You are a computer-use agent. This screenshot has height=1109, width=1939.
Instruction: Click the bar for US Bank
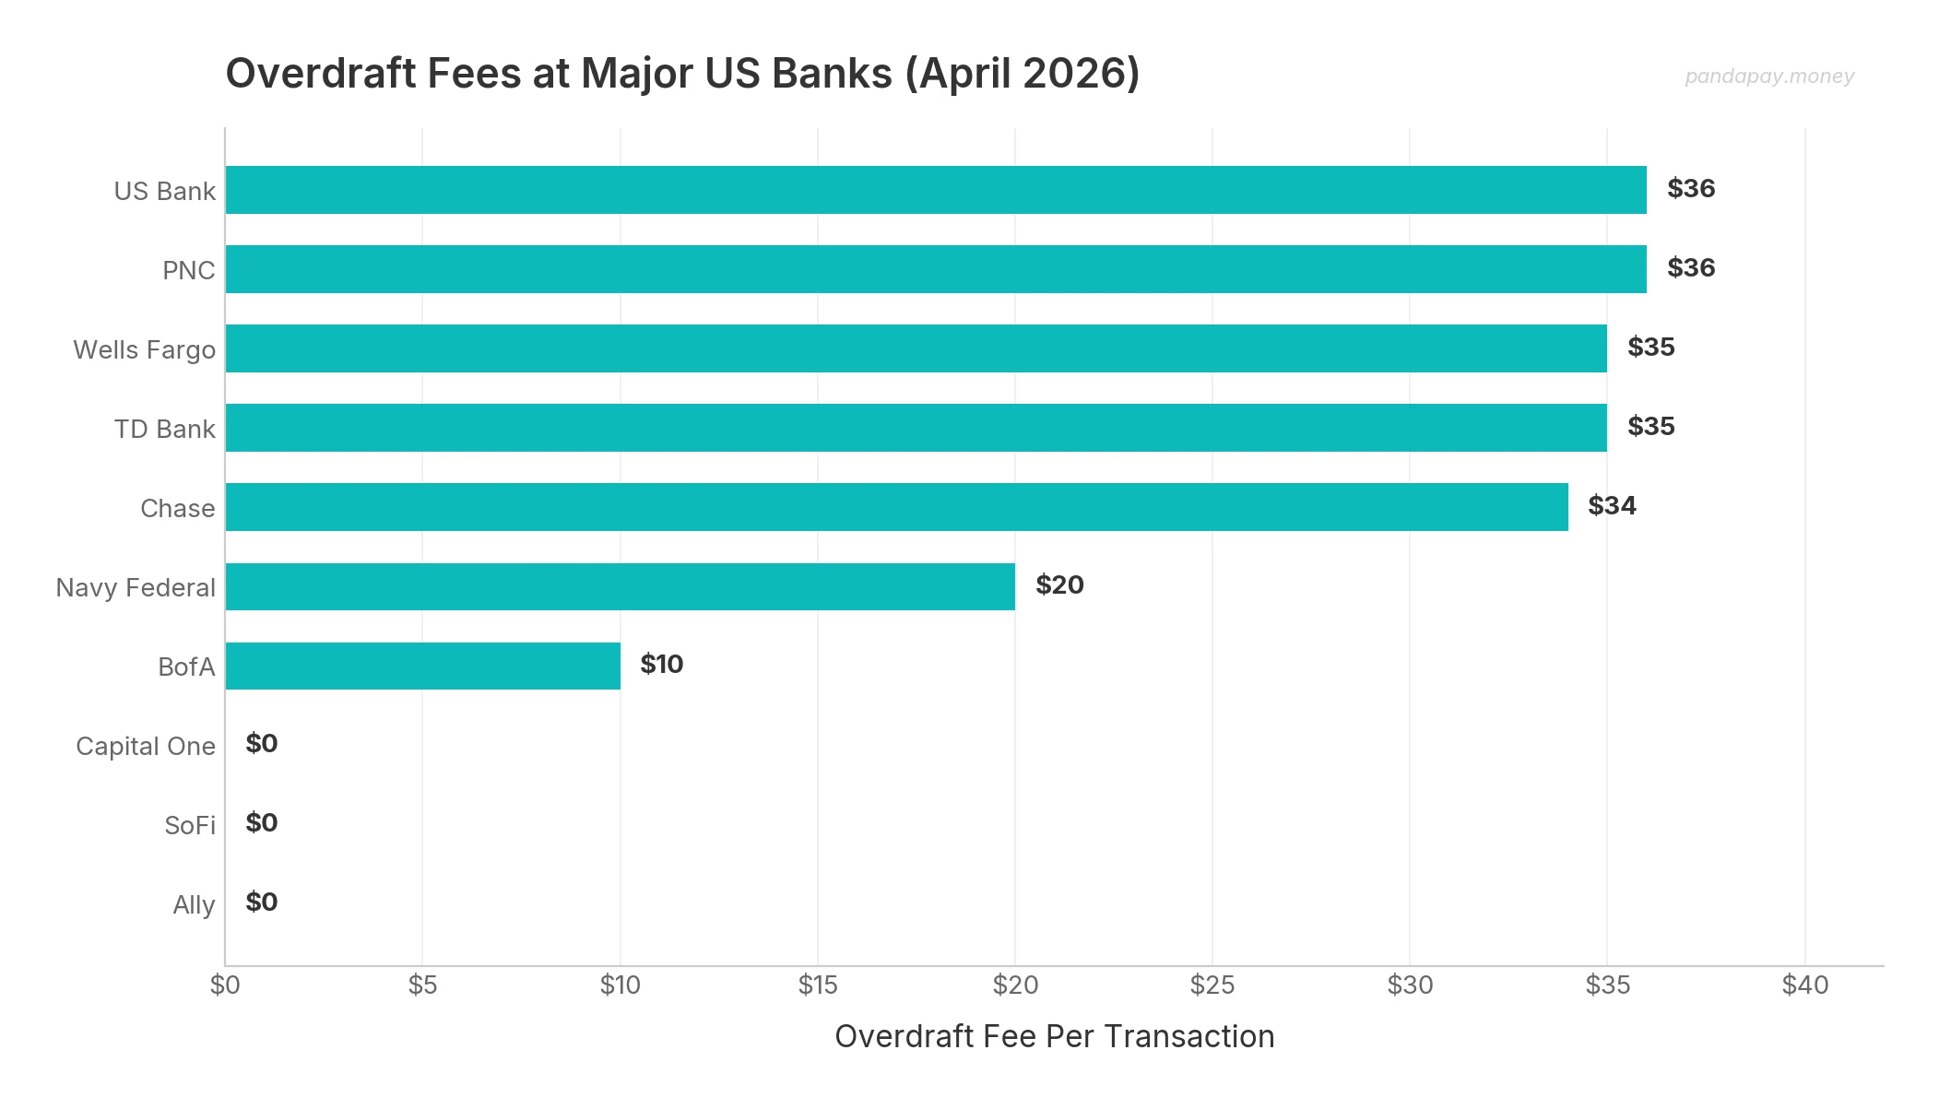tap(936, 190)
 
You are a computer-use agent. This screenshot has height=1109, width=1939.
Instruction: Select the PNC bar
tap(936, 269)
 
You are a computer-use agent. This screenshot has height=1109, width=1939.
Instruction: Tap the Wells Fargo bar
tap(916, 348)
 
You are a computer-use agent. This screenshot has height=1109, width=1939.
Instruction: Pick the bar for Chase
tap(896, 507)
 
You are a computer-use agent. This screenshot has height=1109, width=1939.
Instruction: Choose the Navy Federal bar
tap(620, 586)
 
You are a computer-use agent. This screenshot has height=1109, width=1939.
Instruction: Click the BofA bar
tap(422, 666)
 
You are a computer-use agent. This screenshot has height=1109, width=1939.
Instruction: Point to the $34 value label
tap(1612, 506)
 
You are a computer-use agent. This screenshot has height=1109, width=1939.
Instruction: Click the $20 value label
tap(1059, 585)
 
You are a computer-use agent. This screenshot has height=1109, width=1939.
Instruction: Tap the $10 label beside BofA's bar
tap(662, 665)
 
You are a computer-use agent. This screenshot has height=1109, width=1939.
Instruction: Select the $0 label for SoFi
tap(262, 823)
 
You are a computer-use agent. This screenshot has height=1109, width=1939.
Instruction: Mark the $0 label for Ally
tap(262, 903)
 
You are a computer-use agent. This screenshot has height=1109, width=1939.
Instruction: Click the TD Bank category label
tap(164, 430)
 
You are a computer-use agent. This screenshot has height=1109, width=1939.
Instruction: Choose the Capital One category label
tap(146, 747)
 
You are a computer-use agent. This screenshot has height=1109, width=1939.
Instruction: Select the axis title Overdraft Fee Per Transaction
tap(1054, 1037)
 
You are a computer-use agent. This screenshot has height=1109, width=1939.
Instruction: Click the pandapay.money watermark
tap(1768, 77)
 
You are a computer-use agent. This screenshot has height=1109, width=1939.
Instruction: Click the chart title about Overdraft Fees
tap(682, 74)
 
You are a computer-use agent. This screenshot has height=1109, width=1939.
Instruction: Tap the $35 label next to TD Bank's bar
tap(1650, 427)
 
